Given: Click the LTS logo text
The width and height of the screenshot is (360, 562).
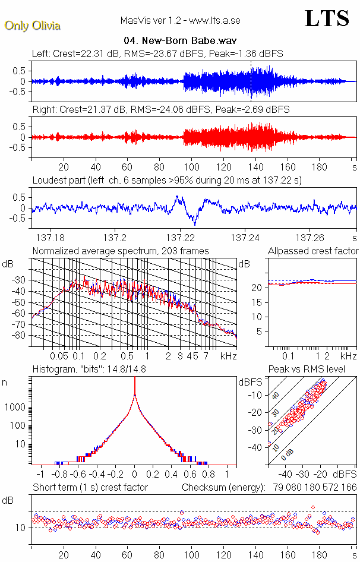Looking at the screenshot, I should point(326,18).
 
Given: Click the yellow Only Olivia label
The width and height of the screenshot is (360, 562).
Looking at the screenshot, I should point(33,26).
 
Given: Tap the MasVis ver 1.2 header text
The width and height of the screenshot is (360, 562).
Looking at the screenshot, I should point(179,21).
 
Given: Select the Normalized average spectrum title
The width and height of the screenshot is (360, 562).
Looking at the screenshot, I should point(121,251).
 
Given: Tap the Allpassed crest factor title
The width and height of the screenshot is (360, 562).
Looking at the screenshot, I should point(313,251).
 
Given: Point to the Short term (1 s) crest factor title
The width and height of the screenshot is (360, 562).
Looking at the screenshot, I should point(90,488).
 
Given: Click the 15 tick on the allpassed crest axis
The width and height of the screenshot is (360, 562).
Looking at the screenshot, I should point(259,302).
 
